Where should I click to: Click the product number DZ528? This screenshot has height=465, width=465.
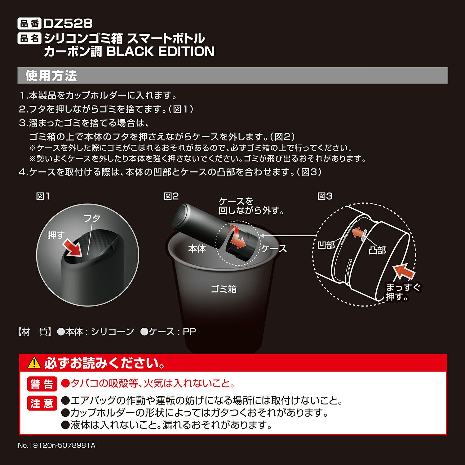tap(68, 24)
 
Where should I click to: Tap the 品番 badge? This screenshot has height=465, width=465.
tap(29, 24)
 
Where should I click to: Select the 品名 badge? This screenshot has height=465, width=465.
tap(29, 38)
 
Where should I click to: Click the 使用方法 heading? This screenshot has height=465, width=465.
tap(51, 76)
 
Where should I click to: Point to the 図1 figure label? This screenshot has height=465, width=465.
tap(43, 196)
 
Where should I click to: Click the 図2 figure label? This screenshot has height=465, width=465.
tap(171, 196)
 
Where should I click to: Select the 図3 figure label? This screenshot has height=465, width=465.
tap(325, 196)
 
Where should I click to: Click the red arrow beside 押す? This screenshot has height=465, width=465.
tap(73, 249)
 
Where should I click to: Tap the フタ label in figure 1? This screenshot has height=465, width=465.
tap(92, 218)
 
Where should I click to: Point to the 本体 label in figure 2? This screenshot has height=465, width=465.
tap(197, 249)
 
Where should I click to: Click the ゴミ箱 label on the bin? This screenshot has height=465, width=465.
tap(224, 289)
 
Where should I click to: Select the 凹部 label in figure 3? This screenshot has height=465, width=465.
tap(326, 245)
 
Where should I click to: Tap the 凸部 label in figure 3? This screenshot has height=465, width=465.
tap(377, 250)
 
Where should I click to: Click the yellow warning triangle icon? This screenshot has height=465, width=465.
tap(34, 363)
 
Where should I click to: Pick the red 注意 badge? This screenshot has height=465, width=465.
tap(42, 403)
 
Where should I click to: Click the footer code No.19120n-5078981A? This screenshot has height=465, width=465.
tap(57, 445)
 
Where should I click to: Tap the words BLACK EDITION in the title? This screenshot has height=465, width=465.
tap(161, 51)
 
